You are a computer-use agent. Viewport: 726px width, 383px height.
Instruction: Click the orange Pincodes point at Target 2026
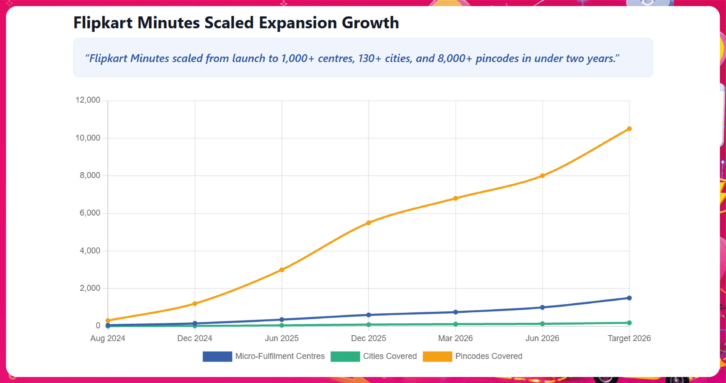(x=629, y=129)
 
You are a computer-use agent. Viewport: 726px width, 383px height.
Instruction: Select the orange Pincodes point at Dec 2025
(x=368, y=223)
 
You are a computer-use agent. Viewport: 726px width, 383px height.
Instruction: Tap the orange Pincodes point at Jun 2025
(x=282, y=270)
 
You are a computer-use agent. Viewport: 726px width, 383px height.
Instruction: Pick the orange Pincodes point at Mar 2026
(x=455, y=198)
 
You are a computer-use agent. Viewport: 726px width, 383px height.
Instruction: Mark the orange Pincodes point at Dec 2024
(x=195, y=304)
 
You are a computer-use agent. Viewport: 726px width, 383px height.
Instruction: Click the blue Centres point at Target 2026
(x=629, y=298)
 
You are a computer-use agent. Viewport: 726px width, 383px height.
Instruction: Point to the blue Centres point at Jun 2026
(x=542, y=307)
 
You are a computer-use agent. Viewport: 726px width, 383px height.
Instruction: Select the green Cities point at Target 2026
(x=629, y=323)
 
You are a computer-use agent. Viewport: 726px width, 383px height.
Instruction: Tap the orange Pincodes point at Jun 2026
(x=542, y=176)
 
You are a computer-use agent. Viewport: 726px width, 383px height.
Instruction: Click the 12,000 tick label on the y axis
(x=88, y=100)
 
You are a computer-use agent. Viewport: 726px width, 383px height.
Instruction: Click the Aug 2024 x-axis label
(x=108, y=338)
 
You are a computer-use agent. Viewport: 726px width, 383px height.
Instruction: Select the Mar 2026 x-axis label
(x=455, y=338)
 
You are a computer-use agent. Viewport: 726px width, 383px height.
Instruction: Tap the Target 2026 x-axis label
(x=629, y=338)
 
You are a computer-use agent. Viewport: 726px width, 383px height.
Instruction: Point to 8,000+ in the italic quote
(x=454, y=58)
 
